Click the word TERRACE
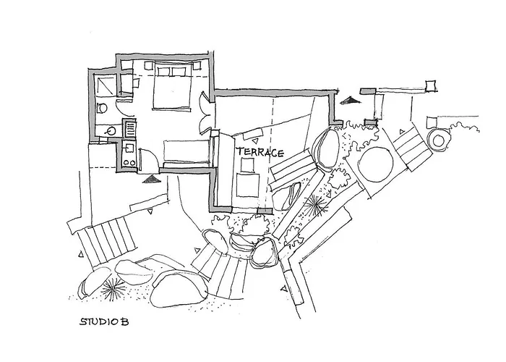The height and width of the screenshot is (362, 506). click(260, 153)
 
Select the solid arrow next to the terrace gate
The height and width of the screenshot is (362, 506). click(350, 100)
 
